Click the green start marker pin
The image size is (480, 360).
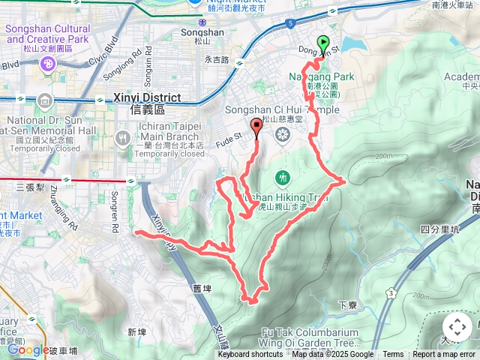coord(324,44)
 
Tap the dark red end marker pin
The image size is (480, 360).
coord(257,127)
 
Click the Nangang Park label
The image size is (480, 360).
coord(322,76)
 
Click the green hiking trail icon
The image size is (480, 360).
coord(283,178)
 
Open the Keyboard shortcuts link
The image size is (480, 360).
coord(250,355)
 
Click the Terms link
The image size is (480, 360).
coord(393,355)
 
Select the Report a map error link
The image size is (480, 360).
coord(444,355)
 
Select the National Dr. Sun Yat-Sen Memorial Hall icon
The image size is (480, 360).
coord(43,100)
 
